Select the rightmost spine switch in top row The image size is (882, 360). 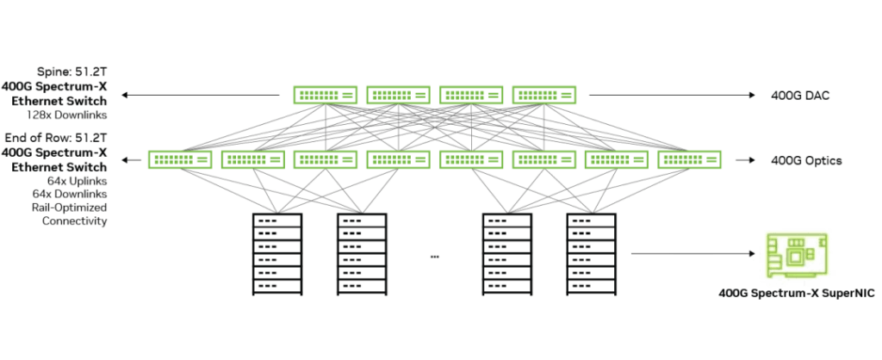click(544, 95)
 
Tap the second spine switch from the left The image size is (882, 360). click(398, 95)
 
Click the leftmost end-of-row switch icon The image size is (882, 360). click(179, 159)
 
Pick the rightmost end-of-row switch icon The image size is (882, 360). click(688, 159)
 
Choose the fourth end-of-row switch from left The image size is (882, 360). click(398, 159)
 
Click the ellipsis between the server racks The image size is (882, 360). click(434, 257)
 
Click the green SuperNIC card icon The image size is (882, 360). click(797, 256)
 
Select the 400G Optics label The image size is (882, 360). click(804, 160)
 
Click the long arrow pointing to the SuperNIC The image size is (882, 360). click(694, 254)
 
